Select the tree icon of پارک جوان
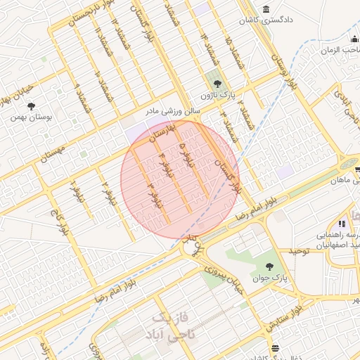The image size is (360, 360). pos(270,266)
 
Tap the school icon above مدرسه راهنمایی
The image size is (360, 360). pos(342,224)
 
